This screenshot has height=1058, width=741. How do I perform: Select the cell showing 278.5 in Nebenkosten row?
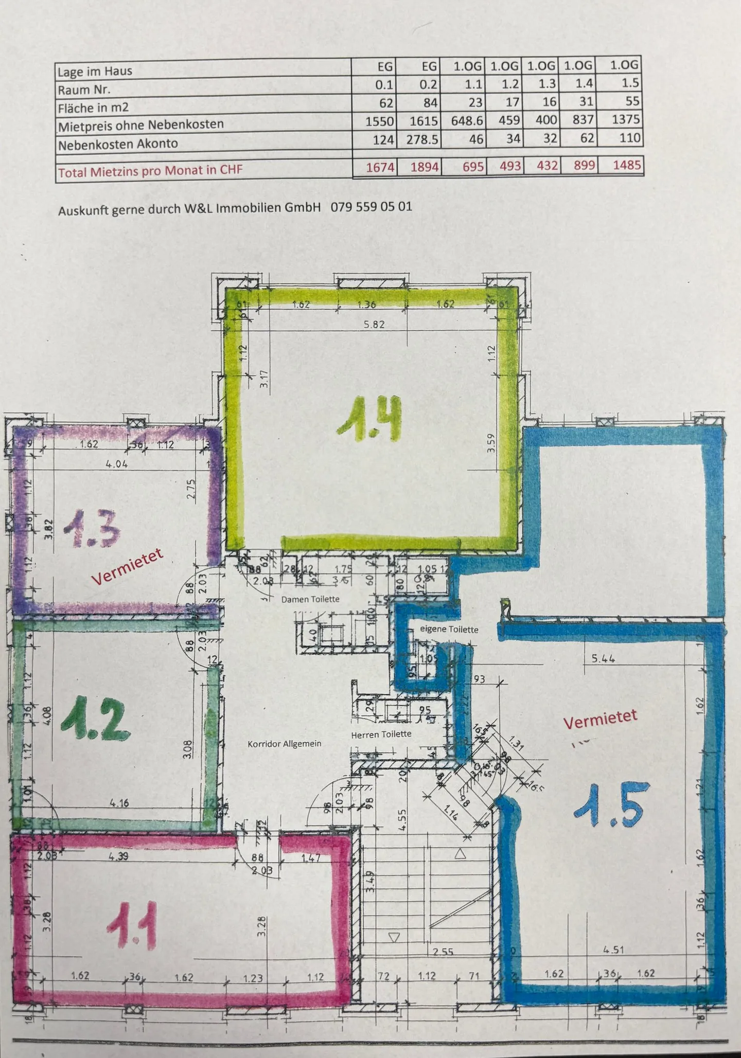422,139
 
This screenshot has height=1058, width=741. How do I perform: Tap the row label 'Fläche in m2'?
93,108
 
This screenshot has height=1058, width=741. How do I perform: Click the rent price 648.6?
467,120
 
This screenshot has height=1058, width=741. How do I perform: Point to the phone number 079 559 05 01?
371,207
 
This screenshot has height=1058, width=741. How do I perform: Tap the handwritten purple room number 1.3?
92,529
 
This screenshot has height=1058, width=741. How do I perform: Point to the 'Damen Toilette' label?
310,599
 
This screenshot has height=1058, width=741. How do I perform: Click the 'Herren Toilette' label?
381,734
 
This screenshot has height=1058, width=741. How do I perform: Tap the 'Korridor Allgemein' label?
284,744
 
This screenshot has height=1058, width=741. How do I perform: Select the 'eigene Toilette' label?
449,629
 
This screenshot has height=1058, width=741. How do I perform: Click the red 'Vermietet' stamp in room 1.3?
127,567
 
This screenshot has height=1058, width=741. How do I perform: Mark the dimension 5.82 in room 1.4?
374,325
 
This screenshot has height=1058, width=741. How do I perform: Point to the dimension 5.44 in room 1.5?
604,658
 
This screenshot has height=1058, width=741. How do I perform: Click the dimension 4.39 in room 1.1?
118,856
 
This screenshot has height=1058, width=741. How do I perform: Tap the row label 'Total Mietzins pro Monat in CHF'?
150,171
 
